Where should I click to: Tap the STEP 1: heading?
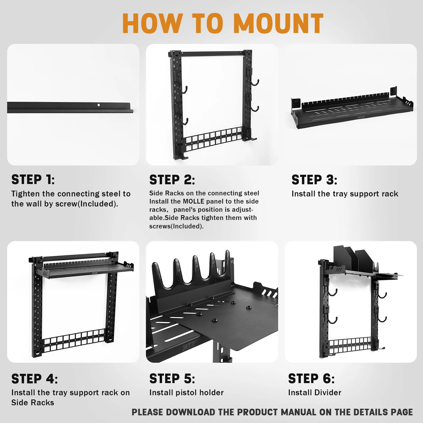33,180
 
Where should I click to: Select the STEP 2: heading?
172,180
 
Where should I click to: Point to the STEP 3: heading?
314,180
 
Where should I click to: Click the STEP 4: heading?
35,379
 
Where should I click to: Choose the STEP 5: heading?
172,379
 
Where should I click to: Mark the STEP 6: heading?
311,379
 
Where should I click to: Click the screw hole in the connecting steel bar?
99,105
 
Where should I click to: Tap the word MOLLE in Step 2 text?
194,201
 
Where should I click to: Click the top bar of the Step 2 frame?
213,53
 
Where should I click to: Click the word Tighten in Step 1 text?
26,194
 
